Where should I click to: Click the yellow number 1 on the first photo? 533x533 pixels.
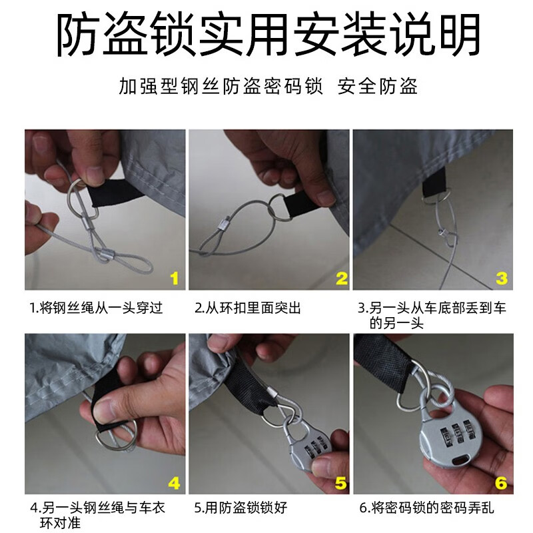[x=173, y=278]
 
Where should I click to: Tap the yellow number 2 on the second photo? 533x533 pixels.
[x=340, y=278]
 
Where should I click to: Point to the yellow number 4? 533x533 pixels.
[x=173, y=482]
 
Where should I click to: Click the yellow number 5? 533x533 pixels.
[x=340, y=482]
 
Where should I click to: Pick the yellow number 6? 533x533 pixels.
[x=501, y=482]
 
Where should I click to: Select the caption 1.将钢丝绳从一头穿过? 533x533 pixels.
[x=96, y=308]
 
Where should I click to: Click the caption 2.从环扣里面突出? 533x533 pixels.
[x=248, y=308]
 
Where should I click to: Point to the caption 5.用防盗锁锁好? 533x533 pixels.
[x=241, y=508]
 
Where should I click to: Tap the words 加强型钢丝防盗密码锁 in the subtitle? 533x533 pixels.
[x=221, y=87]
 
